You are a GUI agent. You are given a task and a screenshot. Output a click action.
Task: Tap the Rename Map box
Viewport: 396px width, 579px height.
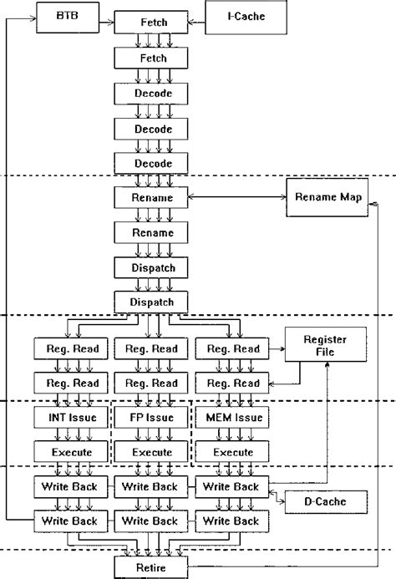pyautogui.click(x=326, y=197)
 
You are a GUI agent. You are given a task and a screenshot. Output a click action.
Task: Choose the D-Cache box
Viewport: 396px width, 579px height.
pyautogui.click(x=326, y=502)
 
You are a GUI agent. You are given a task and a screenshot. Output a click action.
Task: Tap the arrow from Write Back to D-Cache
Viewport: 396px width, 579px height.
pyautogui.click(x=276, y=498)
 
